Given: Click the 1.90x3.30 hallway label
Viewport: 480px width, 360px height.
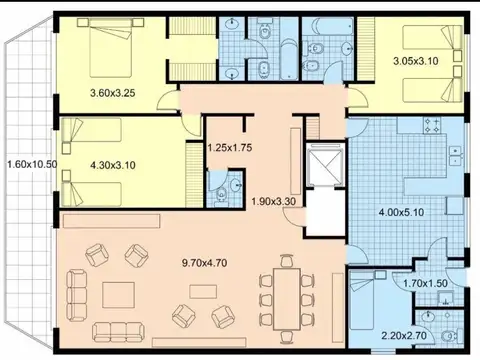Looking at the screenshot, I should [x=274, y=201].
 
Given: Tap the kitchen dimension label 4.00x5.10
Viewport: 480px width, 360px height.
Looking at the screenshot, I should [x=402, y=212].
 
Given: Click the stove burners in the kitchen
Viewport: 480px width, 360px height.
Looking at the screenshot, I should [x=435, y=126].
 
